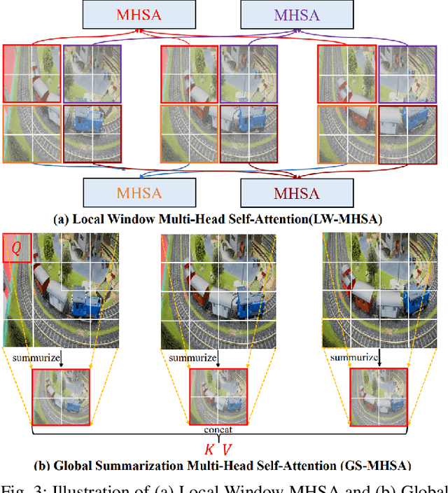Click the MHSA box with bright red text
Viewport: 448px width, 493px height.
(118, 14)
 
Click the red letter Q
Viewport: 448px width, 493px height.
(15, 247)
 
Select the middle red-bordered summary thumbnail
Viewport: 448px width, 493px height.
(218, 396)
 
